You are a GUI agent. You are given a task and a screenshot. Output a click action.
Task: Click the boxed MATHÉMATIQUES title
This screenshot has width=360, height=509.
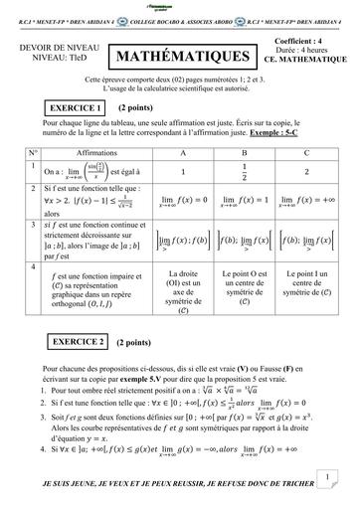point(181,57)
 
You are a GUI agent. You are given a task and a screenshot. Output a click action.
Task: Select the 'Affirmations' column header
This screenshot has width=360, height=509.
point(102,153)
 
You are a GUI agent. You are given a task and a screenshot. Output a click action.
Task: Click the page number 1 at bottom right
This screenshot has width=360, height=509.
point(326,478)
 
